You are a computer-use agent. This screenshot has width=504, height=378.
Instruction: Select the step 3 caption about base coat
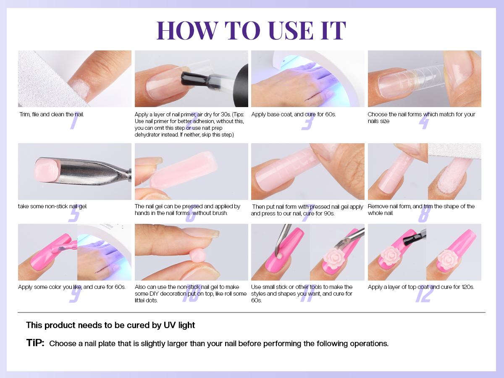(x=293, y=114)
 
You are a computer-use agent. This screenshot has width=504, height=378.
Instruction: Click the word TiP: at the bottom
(x=35, y=343)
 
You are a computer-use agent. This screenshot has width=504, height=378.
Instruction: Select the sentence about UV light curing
(x=110, y=325)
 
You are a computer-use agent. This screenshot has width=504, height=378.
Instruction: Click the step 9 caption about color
(x=72, y=287)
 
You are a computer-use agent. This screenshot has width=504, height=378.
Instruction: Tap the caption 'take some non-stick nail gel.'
(x=52, y=206)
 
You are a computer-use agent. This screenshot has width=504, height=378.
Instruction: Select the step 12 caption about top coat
(x=421, y=287)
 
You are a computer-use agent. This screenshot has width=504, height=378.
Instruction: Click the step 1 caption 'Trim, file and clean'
(x=51, y=114)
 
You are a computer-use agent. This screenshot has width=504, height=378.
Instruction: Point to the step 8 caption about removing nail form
(x=421, y=210)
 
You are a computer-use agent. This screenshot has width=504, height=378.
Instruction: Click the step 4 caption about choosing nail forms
(x=421, y=118)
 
